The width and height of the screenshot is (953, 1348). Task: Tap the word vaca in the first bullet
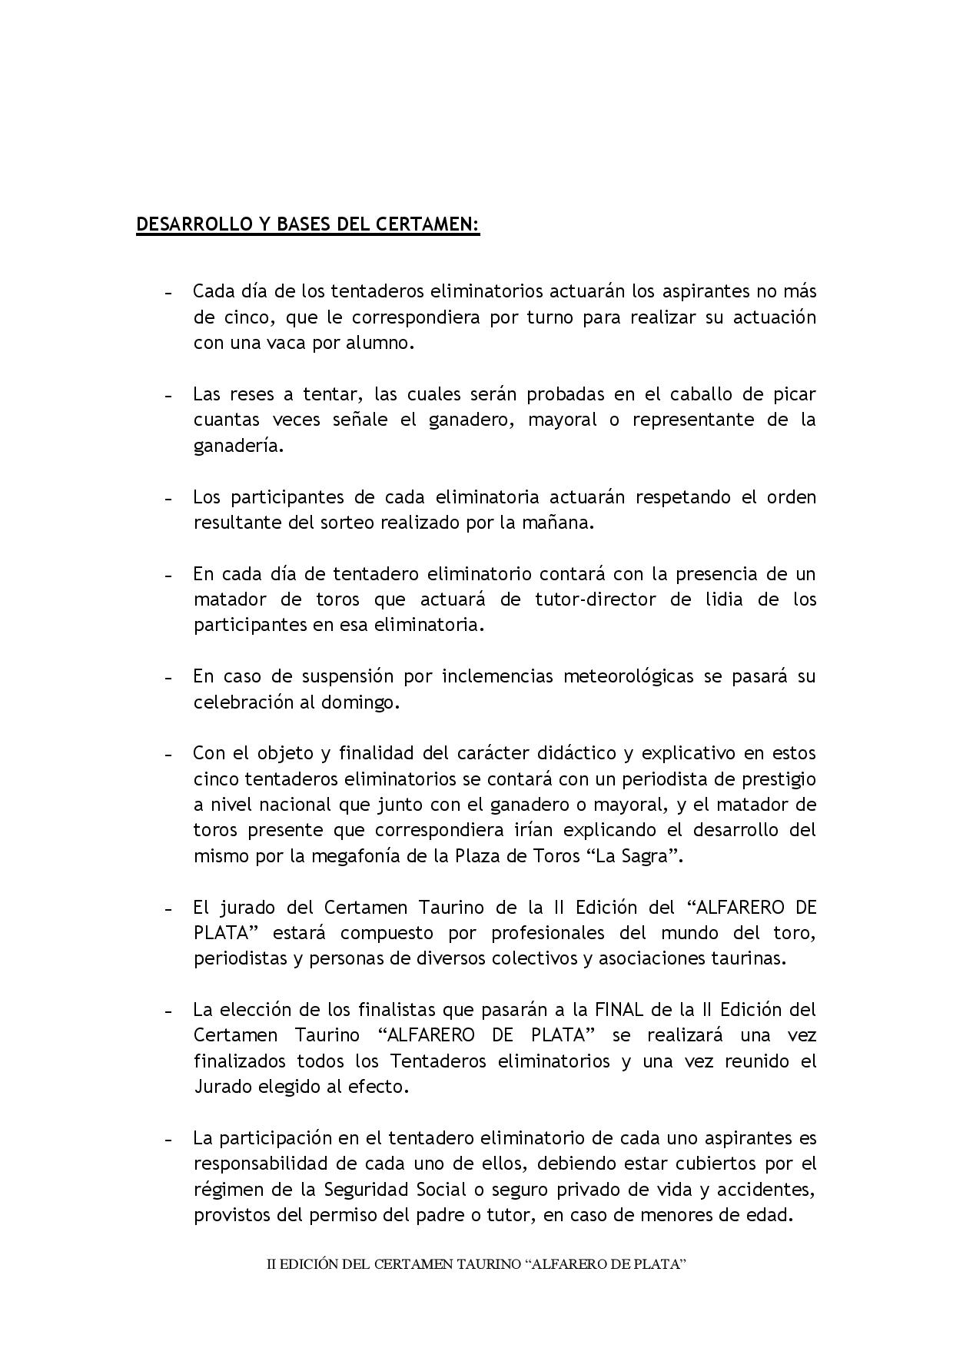pyautogui.click(x=286, y=343)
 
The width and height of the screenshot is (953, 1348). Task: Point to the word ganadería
pyautogui.click(x=238, y=446)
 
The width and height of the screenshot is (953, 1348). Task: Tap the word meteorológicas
pyautogui.click(x=629, y=676)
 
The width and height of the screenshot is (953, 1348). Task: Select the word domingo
pyautogui.click(x=361, y=702)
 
